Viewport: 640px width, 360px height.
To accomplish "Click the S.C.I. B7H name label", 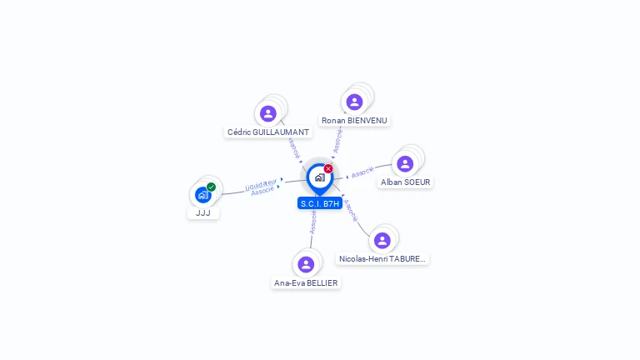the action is (319, 203).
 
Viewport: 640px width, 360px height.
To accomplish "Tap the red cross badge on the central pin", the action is (328, 169).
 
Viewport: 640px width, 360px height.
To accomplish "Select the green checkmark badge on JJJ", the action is (211, 187).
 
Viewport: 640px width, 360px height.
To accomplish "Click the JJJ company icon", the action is (202, 195).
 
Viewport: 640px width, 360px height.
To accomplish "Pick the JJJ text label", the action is (202, 212).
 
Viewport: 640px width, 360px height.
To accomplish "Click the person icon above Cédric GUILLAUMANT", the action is (267, 113).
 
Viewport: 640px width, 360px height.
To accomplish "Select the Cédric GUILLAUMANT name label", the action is (268, 132).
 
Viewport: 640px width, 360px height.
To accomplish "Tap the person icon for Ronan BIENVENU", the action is (354, 102).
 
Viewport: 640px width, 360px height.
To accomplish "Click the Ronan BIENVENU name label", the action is (354, 120).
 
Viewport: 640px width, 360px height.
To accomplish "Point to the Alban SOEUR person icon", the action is (405, 163).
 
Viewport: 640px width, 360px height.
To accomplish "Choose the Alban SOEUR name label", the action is (405, 182).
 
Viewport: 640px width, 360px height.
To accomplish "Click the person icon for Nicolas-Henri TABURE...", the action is (382, 240).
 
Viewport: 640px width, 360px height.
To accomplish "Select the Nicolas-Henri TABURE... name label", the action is (382, 258).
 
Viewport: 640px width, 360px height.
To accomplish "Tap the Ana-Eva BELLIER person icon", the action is (306, 264).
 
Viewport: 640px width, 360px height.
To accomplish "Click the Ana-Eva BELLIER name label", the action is (306, 282).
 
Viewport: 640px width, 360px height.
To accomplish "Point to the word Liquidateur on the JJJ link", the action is (261, 183).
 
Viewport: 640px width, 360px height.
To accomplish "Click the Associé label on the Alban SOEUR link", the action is (362, 172).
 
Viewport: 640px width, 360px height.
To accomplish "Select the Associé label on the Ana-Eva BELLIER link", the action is (313, 222).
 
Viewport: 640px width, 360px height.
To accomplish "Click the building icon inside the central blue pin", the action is (319, 177).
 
